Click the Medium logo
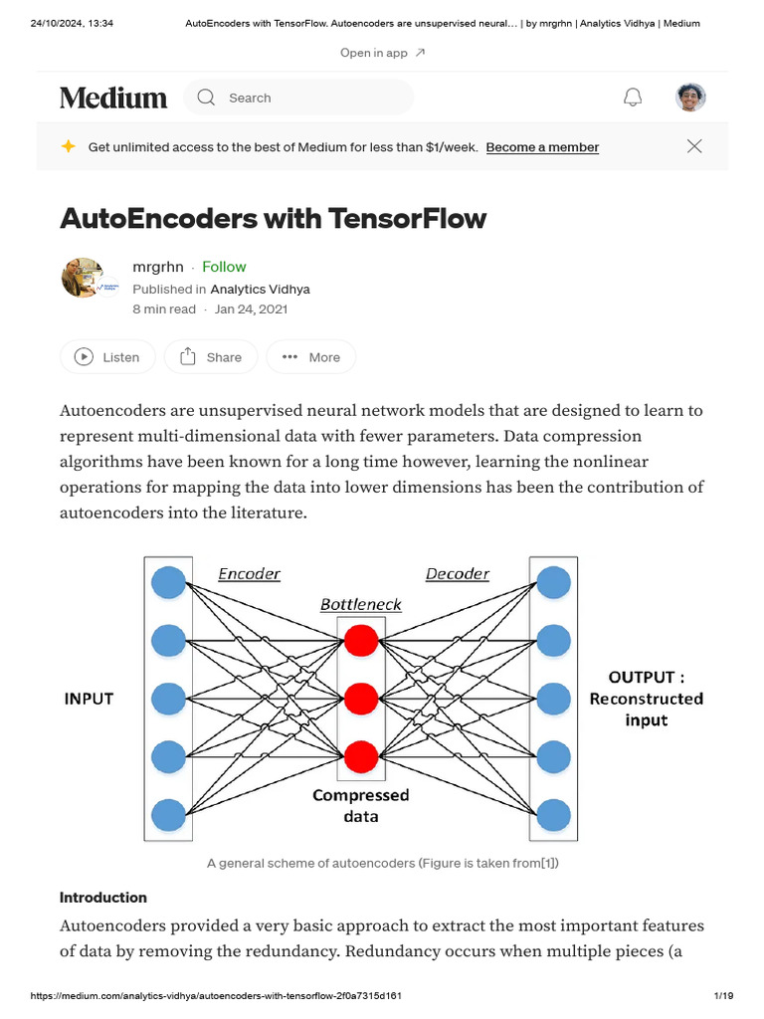click(x=113, y=98)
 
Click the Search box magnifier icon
click(x=206, y=98)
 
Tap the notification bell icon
click(x=632, y=98)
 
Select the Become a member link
click(x=542, y=147)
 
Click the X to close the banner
click(x=694, y=146)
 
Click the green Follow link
click(x=224, y=267)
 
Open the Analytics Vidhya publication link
click(x=260, y=289)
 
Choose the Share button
click(x=210, y=357)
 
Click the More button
click(x=311, y=357)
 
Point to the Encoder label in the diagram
click(x=249, y=574)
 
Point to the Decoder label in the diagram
click(x=457, y=574)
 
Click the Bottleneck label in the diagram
click(x=360, y=605)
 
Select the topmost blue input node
click(x=168, y=581)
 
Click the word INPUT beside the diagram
click(x=89, y=699)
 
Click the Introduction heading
click(x=103, y=897)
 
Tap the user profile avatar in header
click(x=690, y=98)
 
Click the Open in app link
click(x=382, y=53)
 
